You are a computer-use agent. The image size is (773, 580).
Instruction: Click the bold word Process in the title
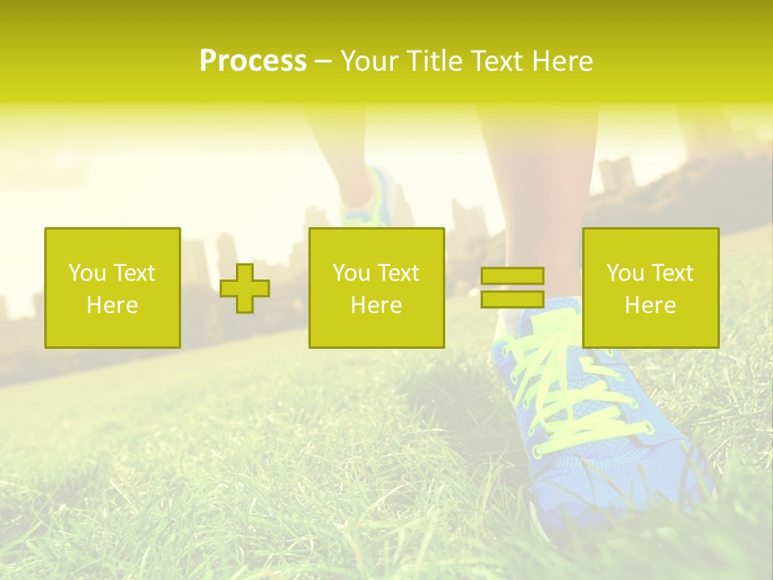tap(253, 61)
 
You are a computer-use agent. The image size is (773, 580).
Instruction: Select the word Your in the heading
tap(370, 61)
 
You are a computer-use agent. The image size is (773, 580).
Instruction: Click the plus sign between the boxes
tap(245, 288)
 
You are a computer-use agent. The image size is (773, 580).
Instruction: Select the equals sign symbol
tap(512, 288)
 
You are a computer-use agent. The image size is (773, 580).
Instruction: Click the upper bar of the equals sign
tap(512, 276)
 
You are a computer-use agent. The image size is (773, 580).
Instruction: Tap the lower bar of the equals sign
tap(512, 299)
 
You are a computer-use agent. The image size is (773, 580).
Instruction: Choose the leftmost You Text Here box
tap(112, 288)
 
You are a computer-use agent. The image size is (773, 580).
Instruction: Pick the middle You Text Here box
tap(376, 288)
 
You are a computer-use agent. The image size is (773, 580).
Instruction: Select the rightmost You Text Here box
tap(650, 288)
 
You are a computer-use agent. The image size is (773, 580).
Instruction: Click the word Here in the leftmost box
tap(112, 305)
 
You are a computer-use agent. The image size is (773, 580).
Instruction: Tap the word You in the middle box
tap(351, 273)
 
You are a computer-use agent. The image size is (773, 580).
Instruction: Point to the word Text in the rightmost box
tap(671, 273)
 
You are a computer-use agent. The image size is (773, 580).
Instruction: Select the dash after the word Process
tap(324, 61)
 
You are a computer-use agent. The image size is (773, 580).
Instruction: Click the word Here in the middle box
tap(376, 305)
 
